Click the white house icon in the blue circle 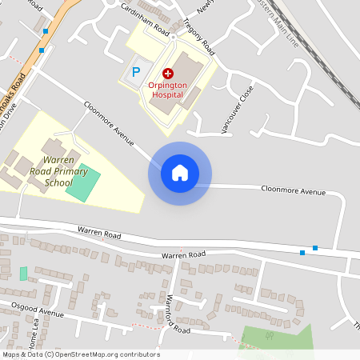[180, 173]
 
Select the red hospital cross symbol [156, 72]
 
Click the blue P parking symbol [136, 72]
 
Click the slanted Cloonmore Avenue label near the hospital [108, 122]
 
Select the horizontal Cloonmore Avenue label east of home [294, 191]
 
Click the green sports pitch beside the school [82, 183]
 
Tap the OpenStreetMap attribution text [81, 354]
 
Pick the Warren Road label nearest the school [99, 233]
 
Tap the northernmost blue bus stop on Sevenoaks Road [46, 31]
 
